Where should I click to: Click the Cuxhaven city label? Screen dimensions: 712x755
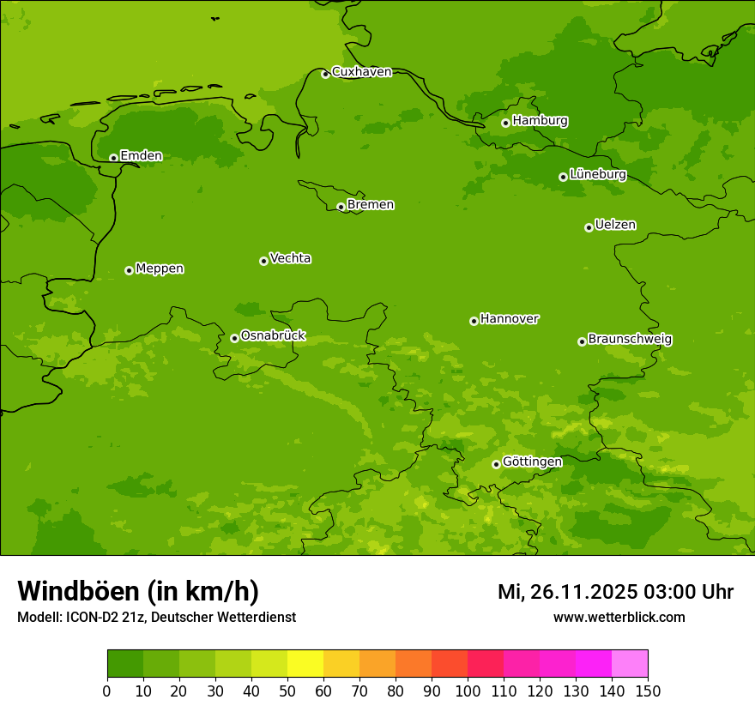(361, 72)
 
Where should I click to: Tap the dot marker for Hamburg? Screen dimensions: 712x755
(506, 123)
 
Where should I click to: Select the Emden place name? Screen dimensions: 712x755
(141, 156)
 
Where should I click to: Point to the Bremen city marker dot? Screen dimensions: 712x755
(341, 207)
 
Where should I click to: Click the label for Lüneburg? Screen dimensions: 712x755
(598, 175)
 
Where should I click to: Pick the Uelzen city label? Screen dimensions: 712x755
(615, 226)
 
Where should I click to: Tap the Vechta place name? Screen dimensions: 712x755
(290, 258)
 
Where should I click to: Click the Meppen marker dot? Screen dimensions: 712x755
(129, 270)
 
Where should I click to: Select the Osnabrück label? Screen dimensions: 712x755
(273, 336)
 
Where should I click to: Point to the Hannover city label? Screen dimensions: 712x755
(510, 319)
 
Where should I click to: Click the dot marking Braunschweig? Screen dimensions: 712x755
(582, 341)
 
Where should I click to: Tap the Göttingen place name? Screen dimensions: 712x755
(532, 462)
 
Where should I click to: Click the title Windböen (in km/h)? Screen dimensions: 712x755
(137, 591)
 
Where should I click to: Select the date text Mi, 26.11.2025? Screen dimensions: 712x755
(566, 592)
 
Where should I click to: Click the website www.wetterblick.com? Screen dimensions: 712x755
(619, 617)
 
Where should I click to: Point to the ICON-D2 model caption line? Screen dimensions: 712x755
(156, 617)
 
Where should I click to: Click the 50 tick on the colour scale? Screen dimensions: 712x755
(287, 691)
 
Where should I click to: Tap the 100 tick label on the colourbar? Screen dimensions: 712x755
(468, 691)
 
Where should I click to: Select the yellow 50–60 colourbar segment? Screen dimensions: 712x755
(305, 663)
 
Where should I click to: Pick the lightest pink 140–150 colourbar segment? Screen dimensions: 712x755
(630, 663)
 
